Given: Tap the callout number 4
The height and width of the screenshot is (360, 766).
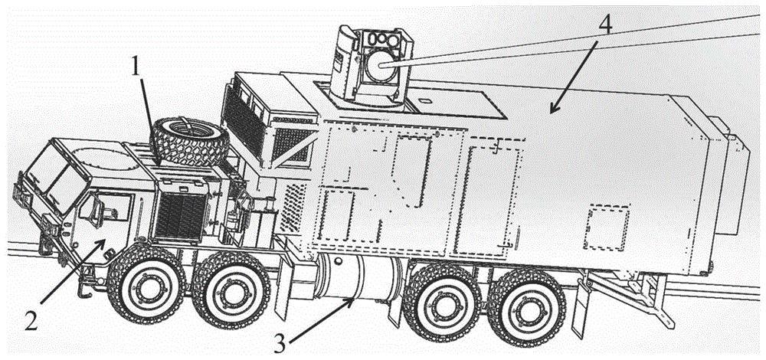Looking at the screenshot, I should click(604, 25).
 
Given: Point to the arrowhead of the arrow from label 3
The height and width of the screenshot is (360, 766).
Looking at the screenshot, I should click(353, 299).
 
